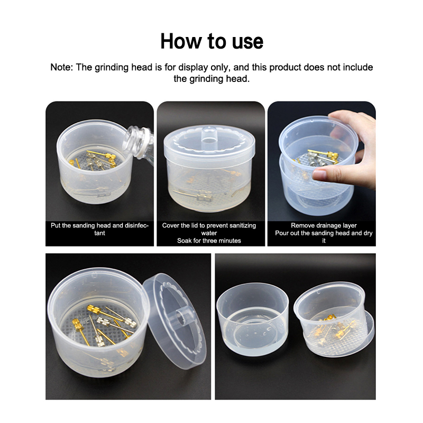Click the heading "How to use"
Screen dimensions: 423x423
coord(212,41)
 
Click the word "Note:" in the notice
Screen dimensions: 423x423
coord(61,67)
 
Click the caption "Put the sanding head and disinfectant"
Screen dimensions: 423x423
coord(99,229)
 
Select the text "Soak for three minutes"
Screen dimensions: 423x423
coord(209,241)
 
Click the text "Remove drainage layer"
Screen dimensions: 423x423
coord(324,226)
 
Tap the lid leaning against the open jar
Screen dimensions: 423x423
coord(174,321)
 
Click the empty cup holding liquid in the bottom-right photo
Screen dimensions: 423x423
coord(253,320)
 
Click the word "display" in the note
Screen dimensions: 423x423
coord(193,67)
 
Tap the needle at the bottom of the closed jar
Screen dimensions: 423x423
coord(194,196)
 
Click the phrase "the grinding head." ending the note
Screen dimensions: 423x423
coord(212,79)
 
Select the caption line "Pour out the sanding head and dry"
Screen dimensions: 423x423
coord(324,233)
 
